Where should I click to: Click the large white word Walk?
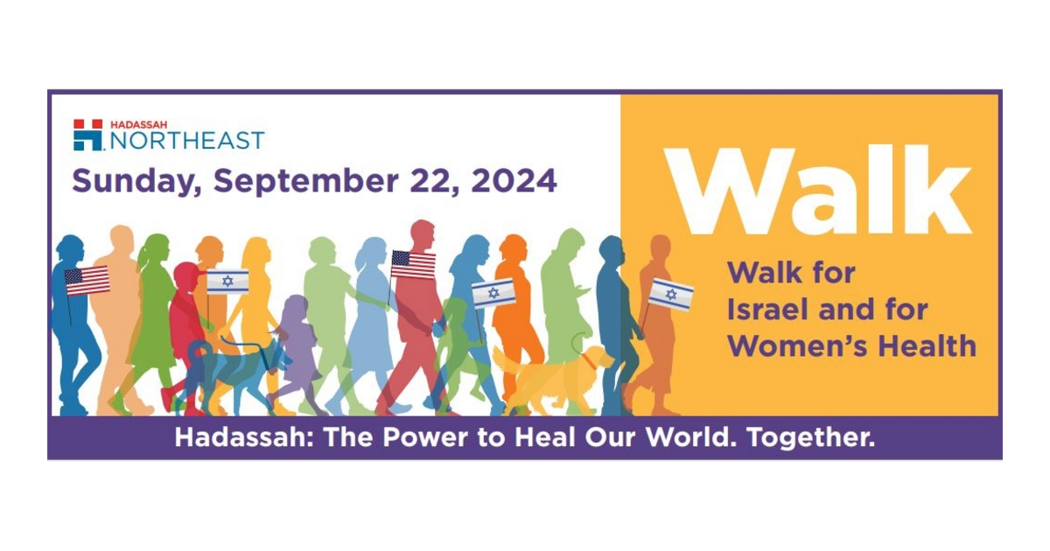pyautogui.click(x=818, y=191)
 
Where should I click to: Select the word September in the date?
pyautogui.click(x=305, y=182)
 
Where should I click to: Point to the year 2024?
pyautogui.click(x=514, y=180)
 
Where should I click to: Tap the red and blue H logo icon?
pyautogui.click(x=87, y=135)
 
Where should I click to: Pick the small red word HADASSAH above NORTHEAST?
pyautogui.click(x=139, y=124)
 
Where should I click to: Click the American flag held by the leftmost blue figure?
pyautogui.click(x=87, y=281)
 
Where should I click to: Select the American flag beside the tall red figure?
pyautogui.click(x=413, y=265)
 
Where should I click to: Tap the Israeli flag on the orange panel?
pyautogui.click(x=671, y=294)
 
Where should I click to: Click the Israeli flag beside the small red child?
pyautogui.click(x=227, y=281)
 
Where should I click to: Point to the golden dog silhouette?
pyautogui.click(x=553, y=380)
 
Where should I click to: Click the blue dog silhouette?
pyautogui.click(x=234, y=375)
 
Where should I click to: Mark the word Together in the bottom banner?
pyautogui.click(x=811, y=437)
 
